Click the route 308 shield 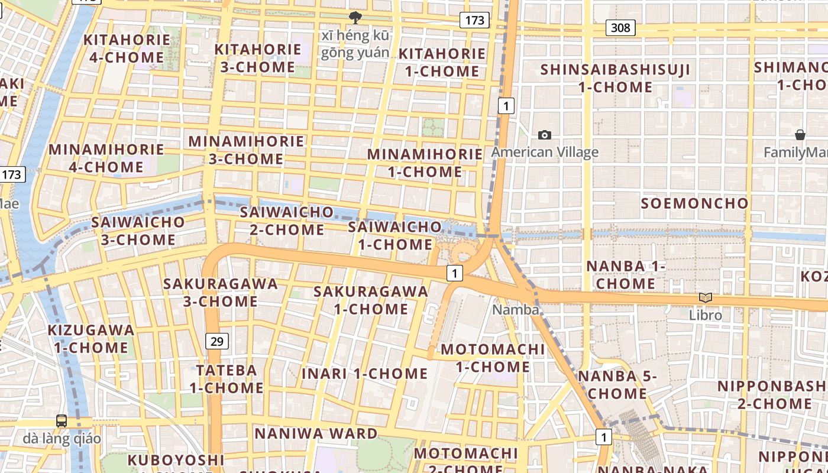(x=620, y=27)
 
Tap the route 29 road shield (x=217, y=341)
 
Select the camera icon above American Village (x=545, y=135)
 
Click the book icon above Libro (x=705, y=298)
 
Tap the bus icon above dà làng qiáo (x=62, y=421)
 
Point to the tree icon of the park (x=355, y=18)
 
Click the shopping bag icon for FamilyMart (x=800, y=135)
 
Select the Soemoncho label (x=695, y=203)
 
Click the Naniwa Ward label (x=316, y=433)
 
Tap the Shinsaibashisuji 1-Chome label (x=615, y=79)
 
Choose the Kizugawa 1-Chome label (x=91, y=339)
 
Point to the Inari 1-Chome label (x=364, y=374)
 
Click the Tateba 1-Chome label (x=227, y=379)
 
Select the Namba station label (x=516, y=310)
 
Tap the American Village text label (x=545, y=153)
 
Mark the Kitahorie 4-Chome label (x=127, y=48)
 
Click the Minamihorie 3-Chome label (x=246, y=150)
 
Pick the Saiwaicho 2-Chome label (x=287, y=220)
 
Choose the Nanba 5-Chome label (x=617, y=384)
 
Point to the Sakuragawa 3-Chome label (x=220, y=292)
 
